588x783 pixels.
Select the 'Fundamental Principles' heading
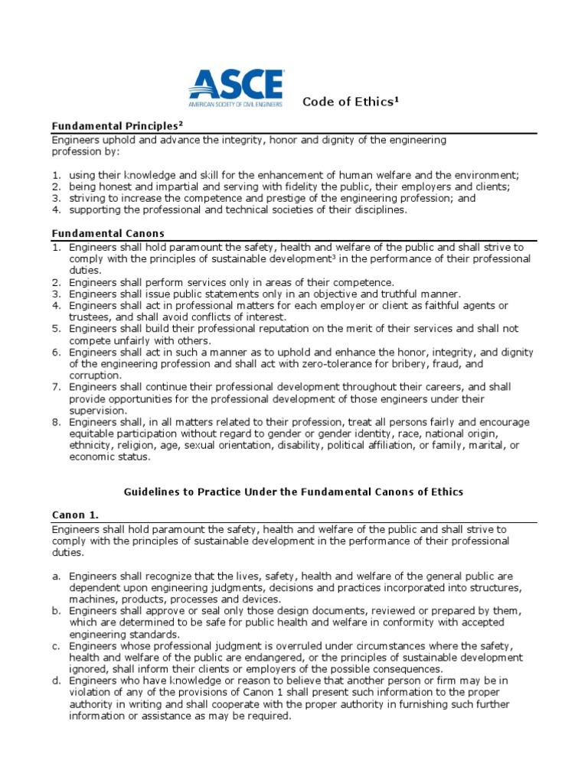[x=117, y=125]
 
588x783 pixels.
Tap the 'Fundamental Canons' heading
[x=108, y=233]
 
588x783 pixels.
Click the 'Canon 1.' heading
[x=75, y=515]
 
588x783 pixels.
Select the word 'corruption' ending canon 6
[x=94, y=375]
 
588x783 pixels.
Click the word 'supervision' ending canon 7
[x=97, y=411]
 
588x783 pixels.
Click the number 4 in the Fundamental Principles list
[x=56, y=210]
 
